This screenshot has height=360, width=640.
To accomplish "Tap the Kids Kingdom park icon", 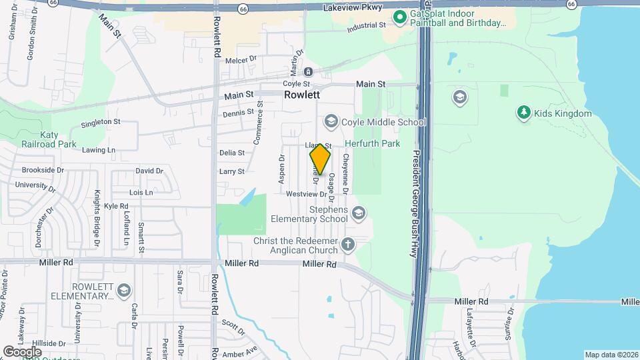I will pyautogui.click(x=524, y=113).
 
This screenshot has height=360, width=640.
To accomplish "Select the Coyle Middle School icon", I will pyautogui.click(x=331, y=121).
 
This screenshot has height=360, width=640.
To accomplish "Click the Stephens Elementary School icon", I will pyautogui.click(x=359, y=213).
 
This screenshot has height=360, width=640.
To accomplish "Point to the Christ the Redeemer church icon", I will pyautogui.click(x=347, y=244).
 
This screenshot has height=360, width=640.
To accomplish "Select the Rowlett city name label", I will pyautogui.click(x=302, y=95).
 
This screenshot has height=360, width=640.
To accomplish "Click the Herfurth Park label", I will pyautogui.click(x=372, y=143).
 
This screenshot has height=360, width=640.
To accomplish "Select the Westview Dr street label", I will pyautogui.click(x=306, y=194).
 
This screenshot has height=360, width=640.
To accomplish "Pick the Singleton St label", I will pyautogui.click(x=100, y=122).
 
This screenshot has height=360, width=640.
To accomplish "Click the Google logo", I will pyautogui.click(x=22, y=351).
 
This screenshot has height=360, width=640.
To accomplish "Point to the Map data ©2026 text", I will pyautogui.click(x=611, y=355).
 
